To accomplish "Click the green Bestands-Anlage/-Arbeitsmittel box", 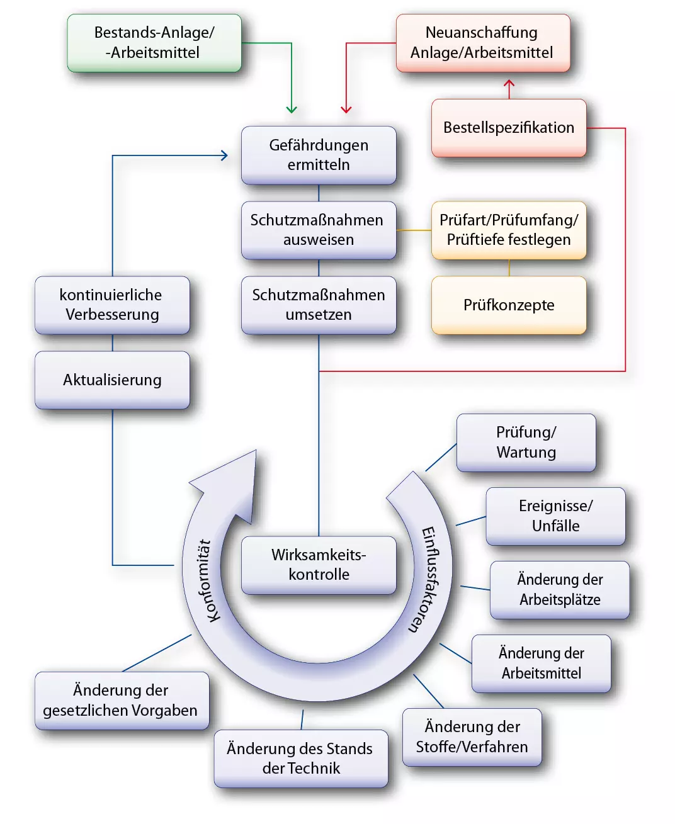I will pos(154,43).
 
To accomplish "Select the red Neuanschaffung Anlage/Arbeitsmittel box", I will pos(483,43).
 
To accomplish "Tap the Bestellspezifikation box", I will pos(509,128).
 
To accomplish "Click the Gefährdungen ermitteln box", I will pos(319,155).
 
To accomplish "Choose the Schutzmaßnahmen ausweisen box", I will pos(319,230).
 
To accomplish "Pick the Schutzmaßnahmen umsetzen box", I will pos(319,305).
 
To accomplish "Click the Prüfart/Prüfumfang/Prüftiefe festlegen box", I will pos(509,230).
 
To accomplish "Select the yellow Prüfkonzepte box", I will pos(509,305).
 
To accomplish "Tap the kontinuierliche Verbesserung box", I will pos(112,305).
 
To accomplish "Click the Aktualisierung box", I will pos(112,380).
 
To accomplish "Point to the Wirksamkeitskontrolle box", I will pos(319,565).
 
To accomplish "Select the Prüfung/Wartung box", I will pos(526,443).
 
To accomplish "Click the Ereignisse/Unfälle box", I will pos(555,516).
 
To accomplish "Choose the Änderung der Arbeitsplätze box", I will pos(560,590).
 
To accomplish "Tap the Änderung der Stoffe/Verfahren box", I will pos(472,737).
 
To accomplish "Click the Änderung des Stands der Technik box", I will pos(300,759).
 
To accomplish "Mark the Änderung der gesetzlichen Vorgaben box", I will pos(122,701).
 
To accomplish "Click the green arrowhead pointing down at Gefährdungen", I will pos(292,110).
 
